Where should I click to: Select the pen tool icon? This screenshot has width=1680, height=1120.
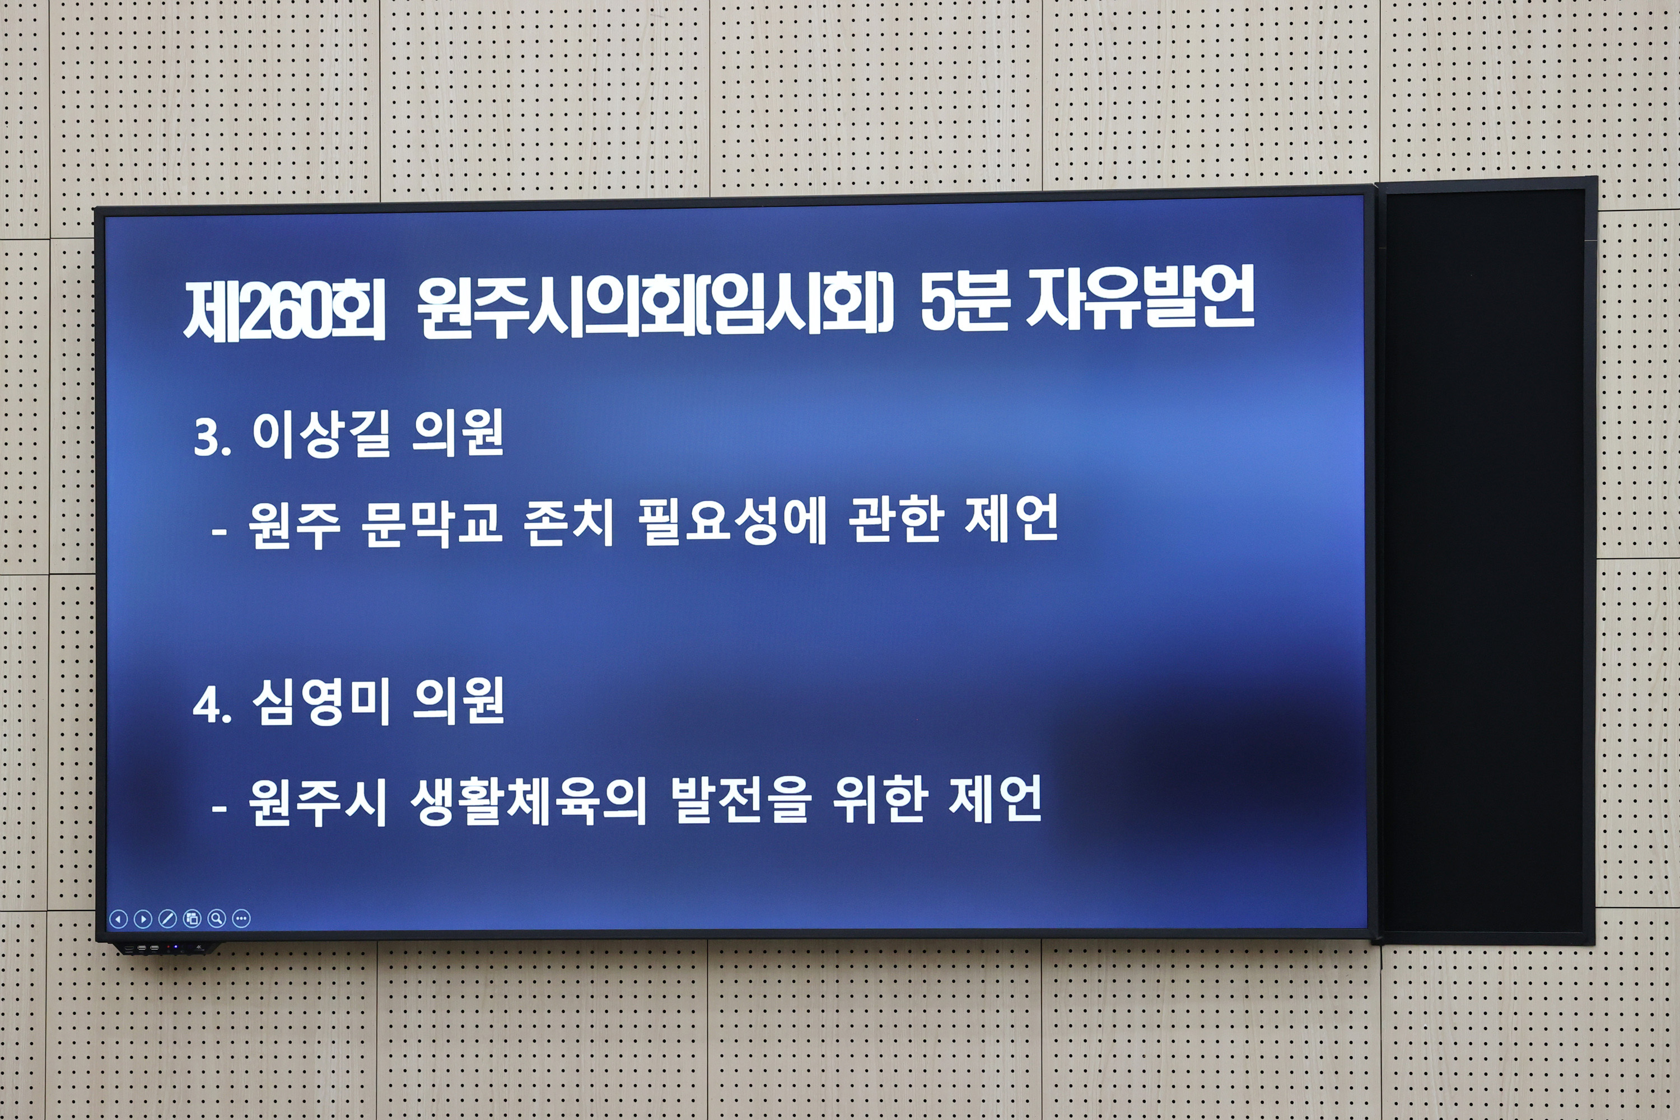tap(167, 918)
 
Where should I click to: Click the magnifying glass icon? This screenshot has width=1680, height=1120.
tap(216, 918)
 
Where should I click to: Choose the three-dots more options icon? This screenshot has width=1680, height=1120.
tap(241, 918)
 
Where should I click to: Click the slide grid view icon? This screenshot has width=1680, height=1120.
tap(192, 918)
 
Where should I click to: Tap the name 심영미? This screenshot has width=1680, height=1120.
tap(321, 702)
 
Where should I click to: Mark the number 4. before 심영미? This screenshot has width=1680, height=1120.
tap(212, 706)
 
